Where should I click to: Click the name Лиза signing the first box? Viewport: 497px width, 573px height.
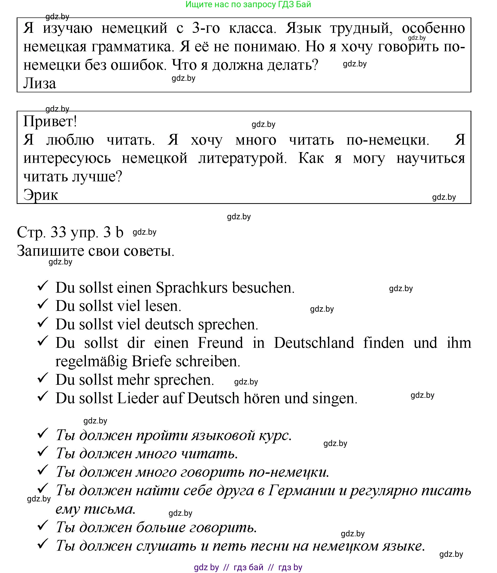(40, 83)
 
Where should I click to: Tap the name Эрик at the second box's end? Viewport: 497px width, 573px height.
(41, 195)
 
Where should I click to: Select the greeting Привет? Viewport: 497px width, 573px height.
(50, 121)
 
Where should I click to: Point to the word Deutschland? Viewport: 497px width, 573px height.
(314, 343)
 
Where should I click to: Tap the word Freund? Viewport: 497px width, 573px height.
(221, 343)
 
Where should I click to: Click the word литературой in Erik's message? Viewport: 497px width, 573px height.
(243, 158)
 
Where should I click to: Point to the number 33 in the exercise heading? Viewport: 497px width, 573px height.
(58, 232)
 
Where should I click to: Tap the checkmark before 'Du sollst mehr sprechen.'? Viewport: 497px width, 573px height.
(43, 378)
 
